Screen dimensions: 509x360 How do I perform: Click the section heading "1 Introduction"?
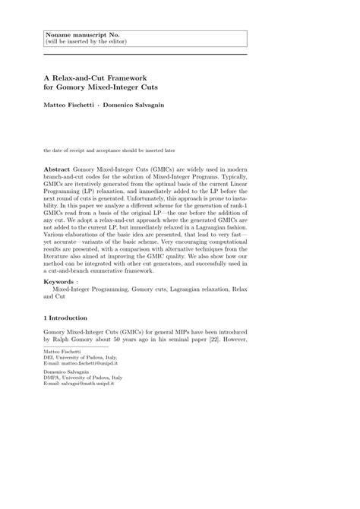pos(65,318)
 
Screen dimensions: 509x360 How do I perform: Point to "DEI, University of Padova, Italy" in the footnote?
pos(81,359)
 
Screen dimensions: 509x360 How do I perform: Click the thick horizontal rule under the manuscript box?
pos(145,54)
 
